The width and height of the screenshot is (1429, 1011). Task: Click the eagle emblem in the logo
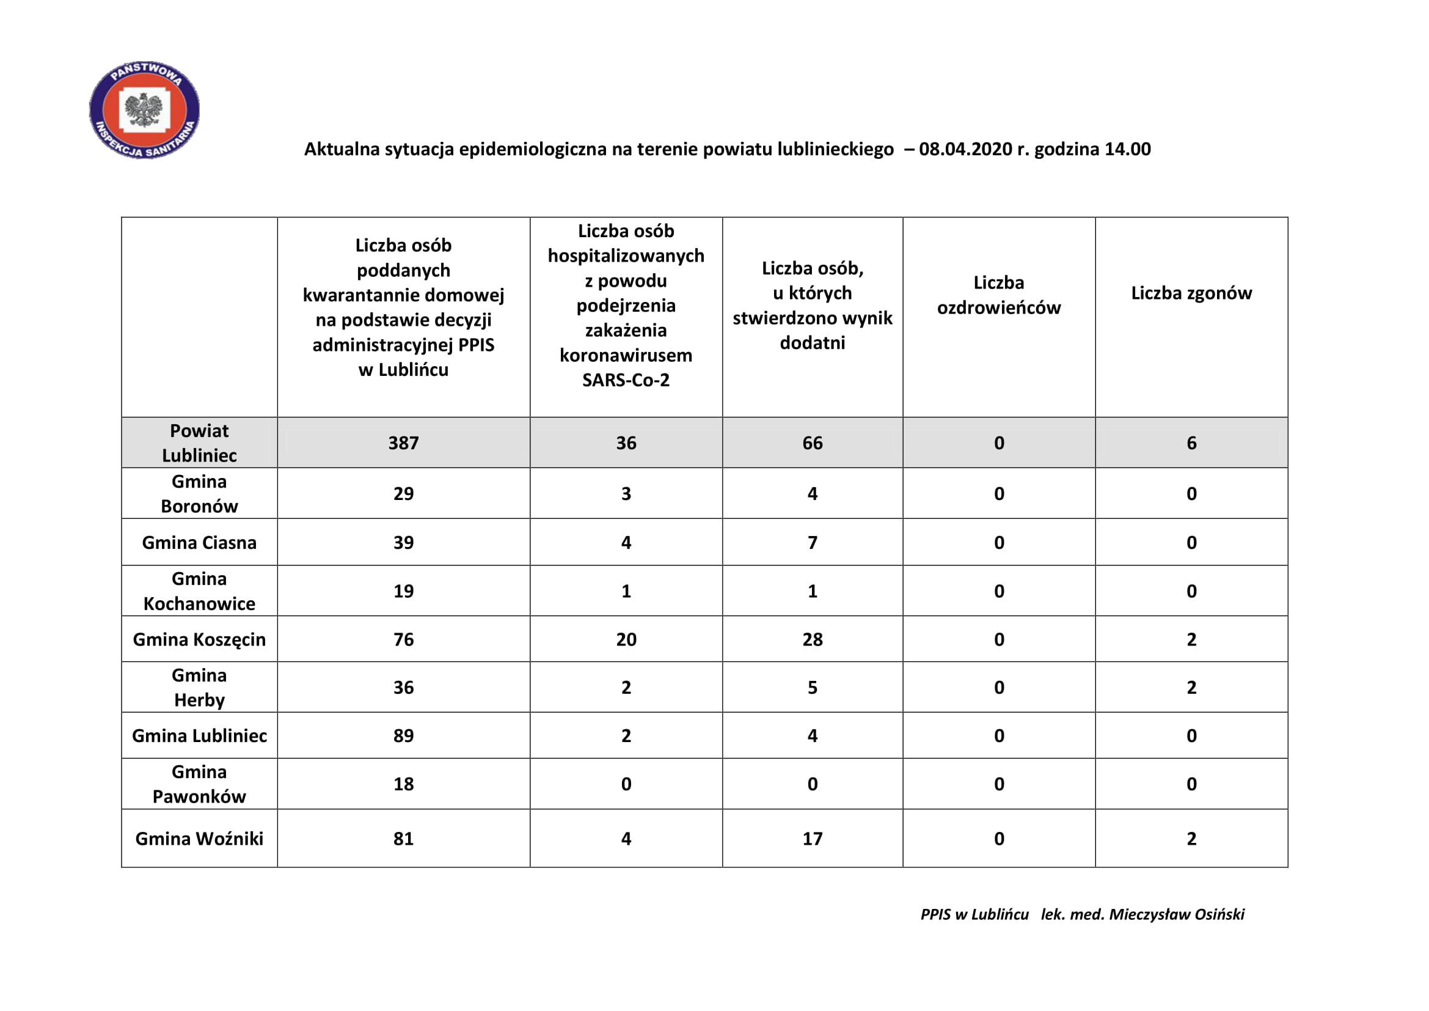pyautogui.click(x=144, y=109)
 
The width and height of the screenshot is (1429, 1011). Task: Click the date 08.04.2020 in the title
pyautogui.click(x=965, y=149)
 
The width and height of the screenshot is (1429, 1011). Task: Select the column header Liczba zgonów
pyautogui.click(x=1191, y=293)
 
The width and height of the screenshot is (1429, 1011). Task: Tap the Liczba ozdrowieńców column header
pyautogui.click(x=998, y=295)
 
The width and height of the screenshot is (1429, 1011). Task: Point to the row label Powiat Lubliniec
pyautogui.click(x=199, y=443)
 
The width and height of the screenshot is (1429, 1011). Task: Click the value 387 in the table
pyautogui.click(x=403, y=443)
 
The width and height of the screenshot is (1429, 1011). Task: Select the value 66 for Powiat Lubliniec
pyautogui.click(x=812, y=443)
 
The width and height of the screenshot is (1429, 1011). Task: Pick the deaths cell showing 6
pyautogui.click(x=1191, y=443)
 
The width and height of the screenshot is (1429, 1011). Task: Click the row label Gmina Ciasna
pyautogui.click(x=199, y=543)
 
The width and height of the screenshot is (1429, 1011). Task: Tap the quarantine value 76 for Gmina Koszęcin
pyautogui.click(x=403, y=639)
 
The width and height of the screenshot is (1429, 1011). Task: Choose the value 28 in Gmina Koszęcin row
pyautogui.click(x=812, y=639)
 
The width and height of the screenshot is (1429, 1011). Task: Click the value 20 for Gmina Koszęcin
pyautogui.click(x=626, y=639)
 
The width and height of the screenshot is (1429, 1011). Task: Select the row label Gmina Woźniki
pyautogui.click(x=199, y=839)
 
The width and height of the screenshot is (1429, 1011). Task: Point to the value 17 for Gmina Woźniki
pyautogui.click(x=812, y=839)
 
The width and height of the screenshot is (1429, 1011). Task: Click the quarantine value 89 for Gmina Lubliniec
pyautogui.click(x=403, y=736)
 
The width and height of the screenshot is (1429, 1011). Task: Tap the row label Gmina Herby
pyautogui.click(x=199, y=688)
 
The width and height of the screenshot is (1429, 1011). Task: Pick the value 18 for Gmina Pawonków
pyautogui.click(x=403, y=784)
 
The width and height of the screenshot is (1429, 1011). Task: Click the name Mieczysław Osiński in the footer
pyautogui.click(x=1176, y=914)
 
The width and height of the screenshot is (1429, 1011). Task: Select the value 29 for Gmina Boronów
pyautogui.click(x=403, y=494)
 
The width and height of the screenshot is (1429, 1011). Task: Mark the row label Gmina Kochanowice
pyautogui.click(x=199, y=592)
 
